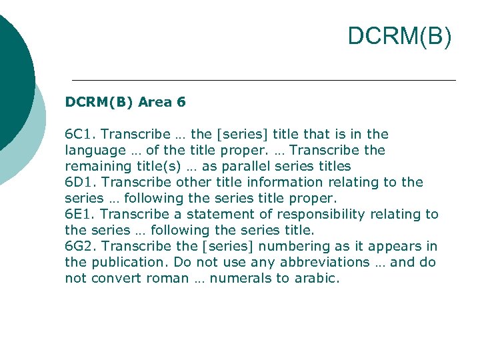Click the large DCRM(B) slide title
click(399, 37)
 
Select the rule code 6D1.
click(79, 183)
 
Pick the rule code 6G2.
click(80, 247)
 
